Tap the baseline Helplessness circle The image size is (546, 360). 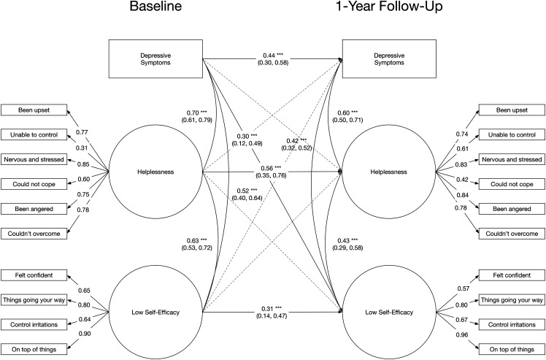155,172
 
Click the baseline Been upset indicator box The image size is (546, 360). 35,110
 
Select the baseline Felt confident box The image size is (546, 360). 35,275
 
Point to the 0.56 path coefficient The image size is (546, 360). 269,166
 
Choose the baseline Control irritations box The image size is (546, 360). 35,324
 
